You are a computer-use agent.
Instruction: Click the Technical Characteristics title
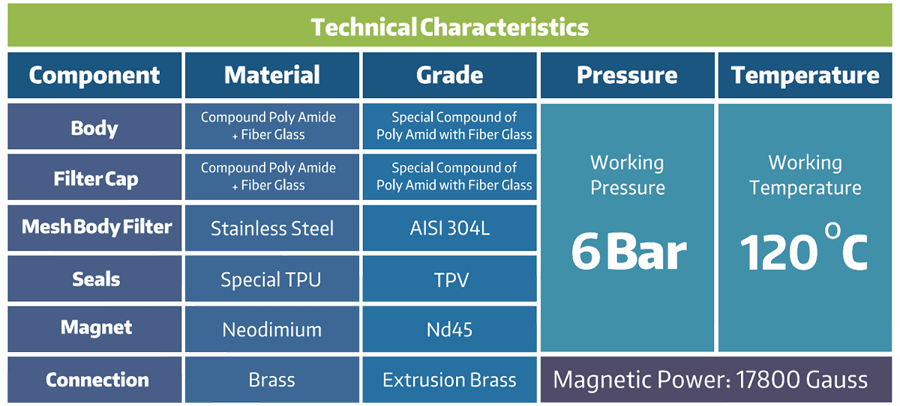point(449,27)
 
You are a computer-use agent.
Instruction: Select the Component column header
point(94,75)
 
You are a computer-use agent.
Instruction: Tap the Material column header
point(272,75)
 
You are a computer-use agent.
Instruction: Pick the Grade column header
point(449,75)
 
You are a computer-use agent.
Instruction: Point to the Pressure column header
point(627,75)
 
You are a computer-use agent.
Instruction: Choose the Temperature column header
point(805,75)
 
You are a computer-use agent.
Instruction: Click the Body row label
point(94,128)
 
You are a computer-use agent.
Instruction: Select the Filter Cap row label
point(96,179)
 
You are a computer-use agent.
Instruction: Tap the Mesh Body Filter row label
point(97,227)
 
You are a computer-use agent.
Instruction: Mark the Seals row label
point(96,279)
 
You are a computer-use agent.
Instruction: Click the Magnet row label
point(96,328)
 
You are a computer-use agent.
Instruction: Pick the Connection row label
point(97,380)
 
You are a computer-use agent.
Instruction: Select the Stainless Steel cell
point(272,228)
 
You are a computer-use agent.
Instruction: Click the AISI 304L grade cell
point(449,228)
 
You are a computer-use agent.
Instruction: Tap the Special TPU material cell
point(271,279)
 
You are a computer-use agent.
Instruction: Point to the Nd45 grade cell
point(449,330)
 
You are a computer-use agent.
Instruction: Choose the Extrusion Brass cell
point(449,380)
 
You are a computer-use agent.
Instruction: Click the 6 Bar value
point(628,252)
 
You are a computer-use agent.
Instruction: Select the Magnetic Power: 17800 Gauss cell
point(710,380)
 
